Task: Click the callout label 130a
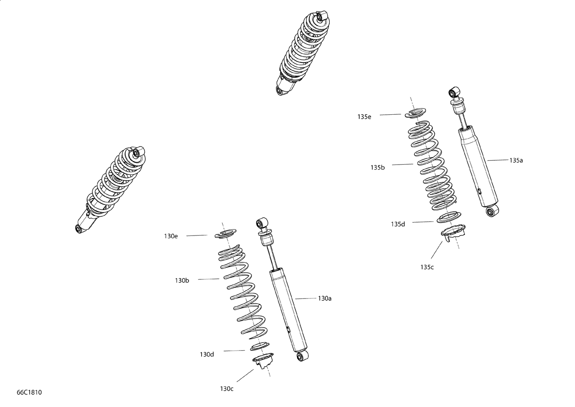click(x=325, y=298)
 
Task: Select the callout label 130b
click(x=182, y=280)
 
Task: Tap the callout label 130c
click(x=227, y=389)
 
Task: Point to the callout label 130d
click(x=207, y=354)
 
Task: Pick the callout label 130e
click(x=171, y=236)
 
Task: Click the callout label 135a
click(x=516, y=160)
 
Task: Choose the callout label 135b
click(x=378, y=168)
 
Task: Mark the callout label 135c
click(x=427, y=267)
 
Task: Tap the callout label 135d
click(x=398, y=224)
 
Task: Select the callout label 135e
click(x=364, y=117)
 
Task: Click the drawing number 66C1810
click(x=29, y=392)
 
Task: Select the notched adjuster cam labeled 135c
click(x=453, y=232)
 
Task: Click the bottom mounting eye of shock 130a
click(x=302, y=356)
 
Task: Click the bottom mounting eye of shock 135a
click(x=492, y=211)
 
